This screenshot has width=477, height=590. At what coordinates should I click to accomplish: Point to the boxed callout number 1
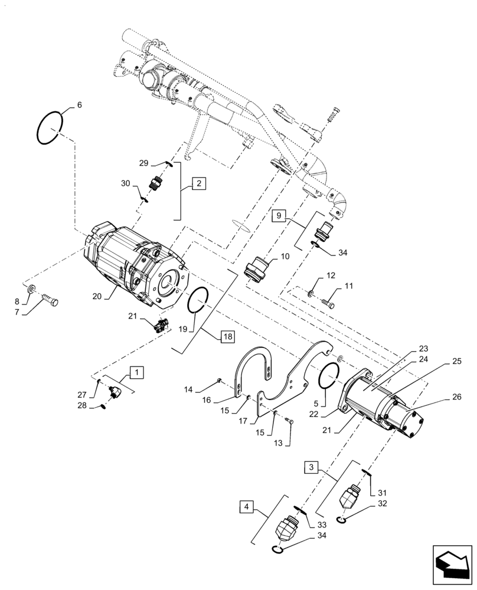136,372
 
